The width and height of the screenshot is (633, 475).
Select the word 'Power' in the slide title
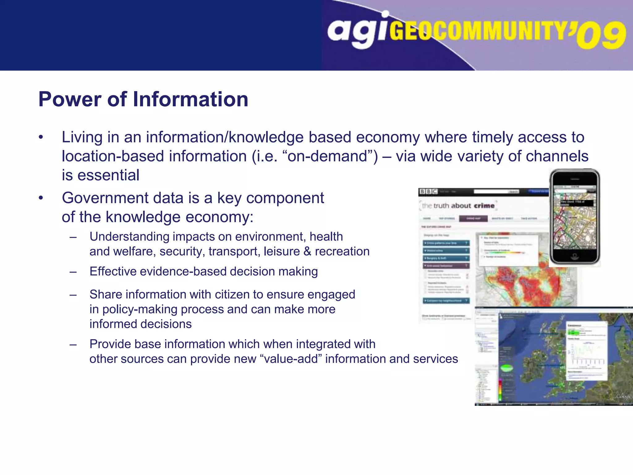pyautogui.click(x=70, y=100)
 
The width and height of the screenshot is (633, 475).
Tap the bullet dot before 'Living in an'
pyautogui.click(x=41, y=137)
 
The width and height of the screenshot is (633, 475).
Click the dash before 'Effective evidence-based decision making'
pyautogui.click(x=73, y=272)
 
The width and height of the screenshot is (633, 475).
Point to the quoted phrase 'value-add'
pyautogui.click(x=291, y=359)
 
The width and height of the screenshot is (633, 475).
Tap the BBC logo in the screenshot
pyautogui.click(x=428, y=192)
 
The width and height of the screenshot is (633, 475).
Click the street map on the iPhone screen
pyautogui.click(x=574, y=223)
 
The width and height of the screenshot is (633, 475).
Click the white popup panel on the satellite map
pyautogui.click(x=586, y=351)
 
